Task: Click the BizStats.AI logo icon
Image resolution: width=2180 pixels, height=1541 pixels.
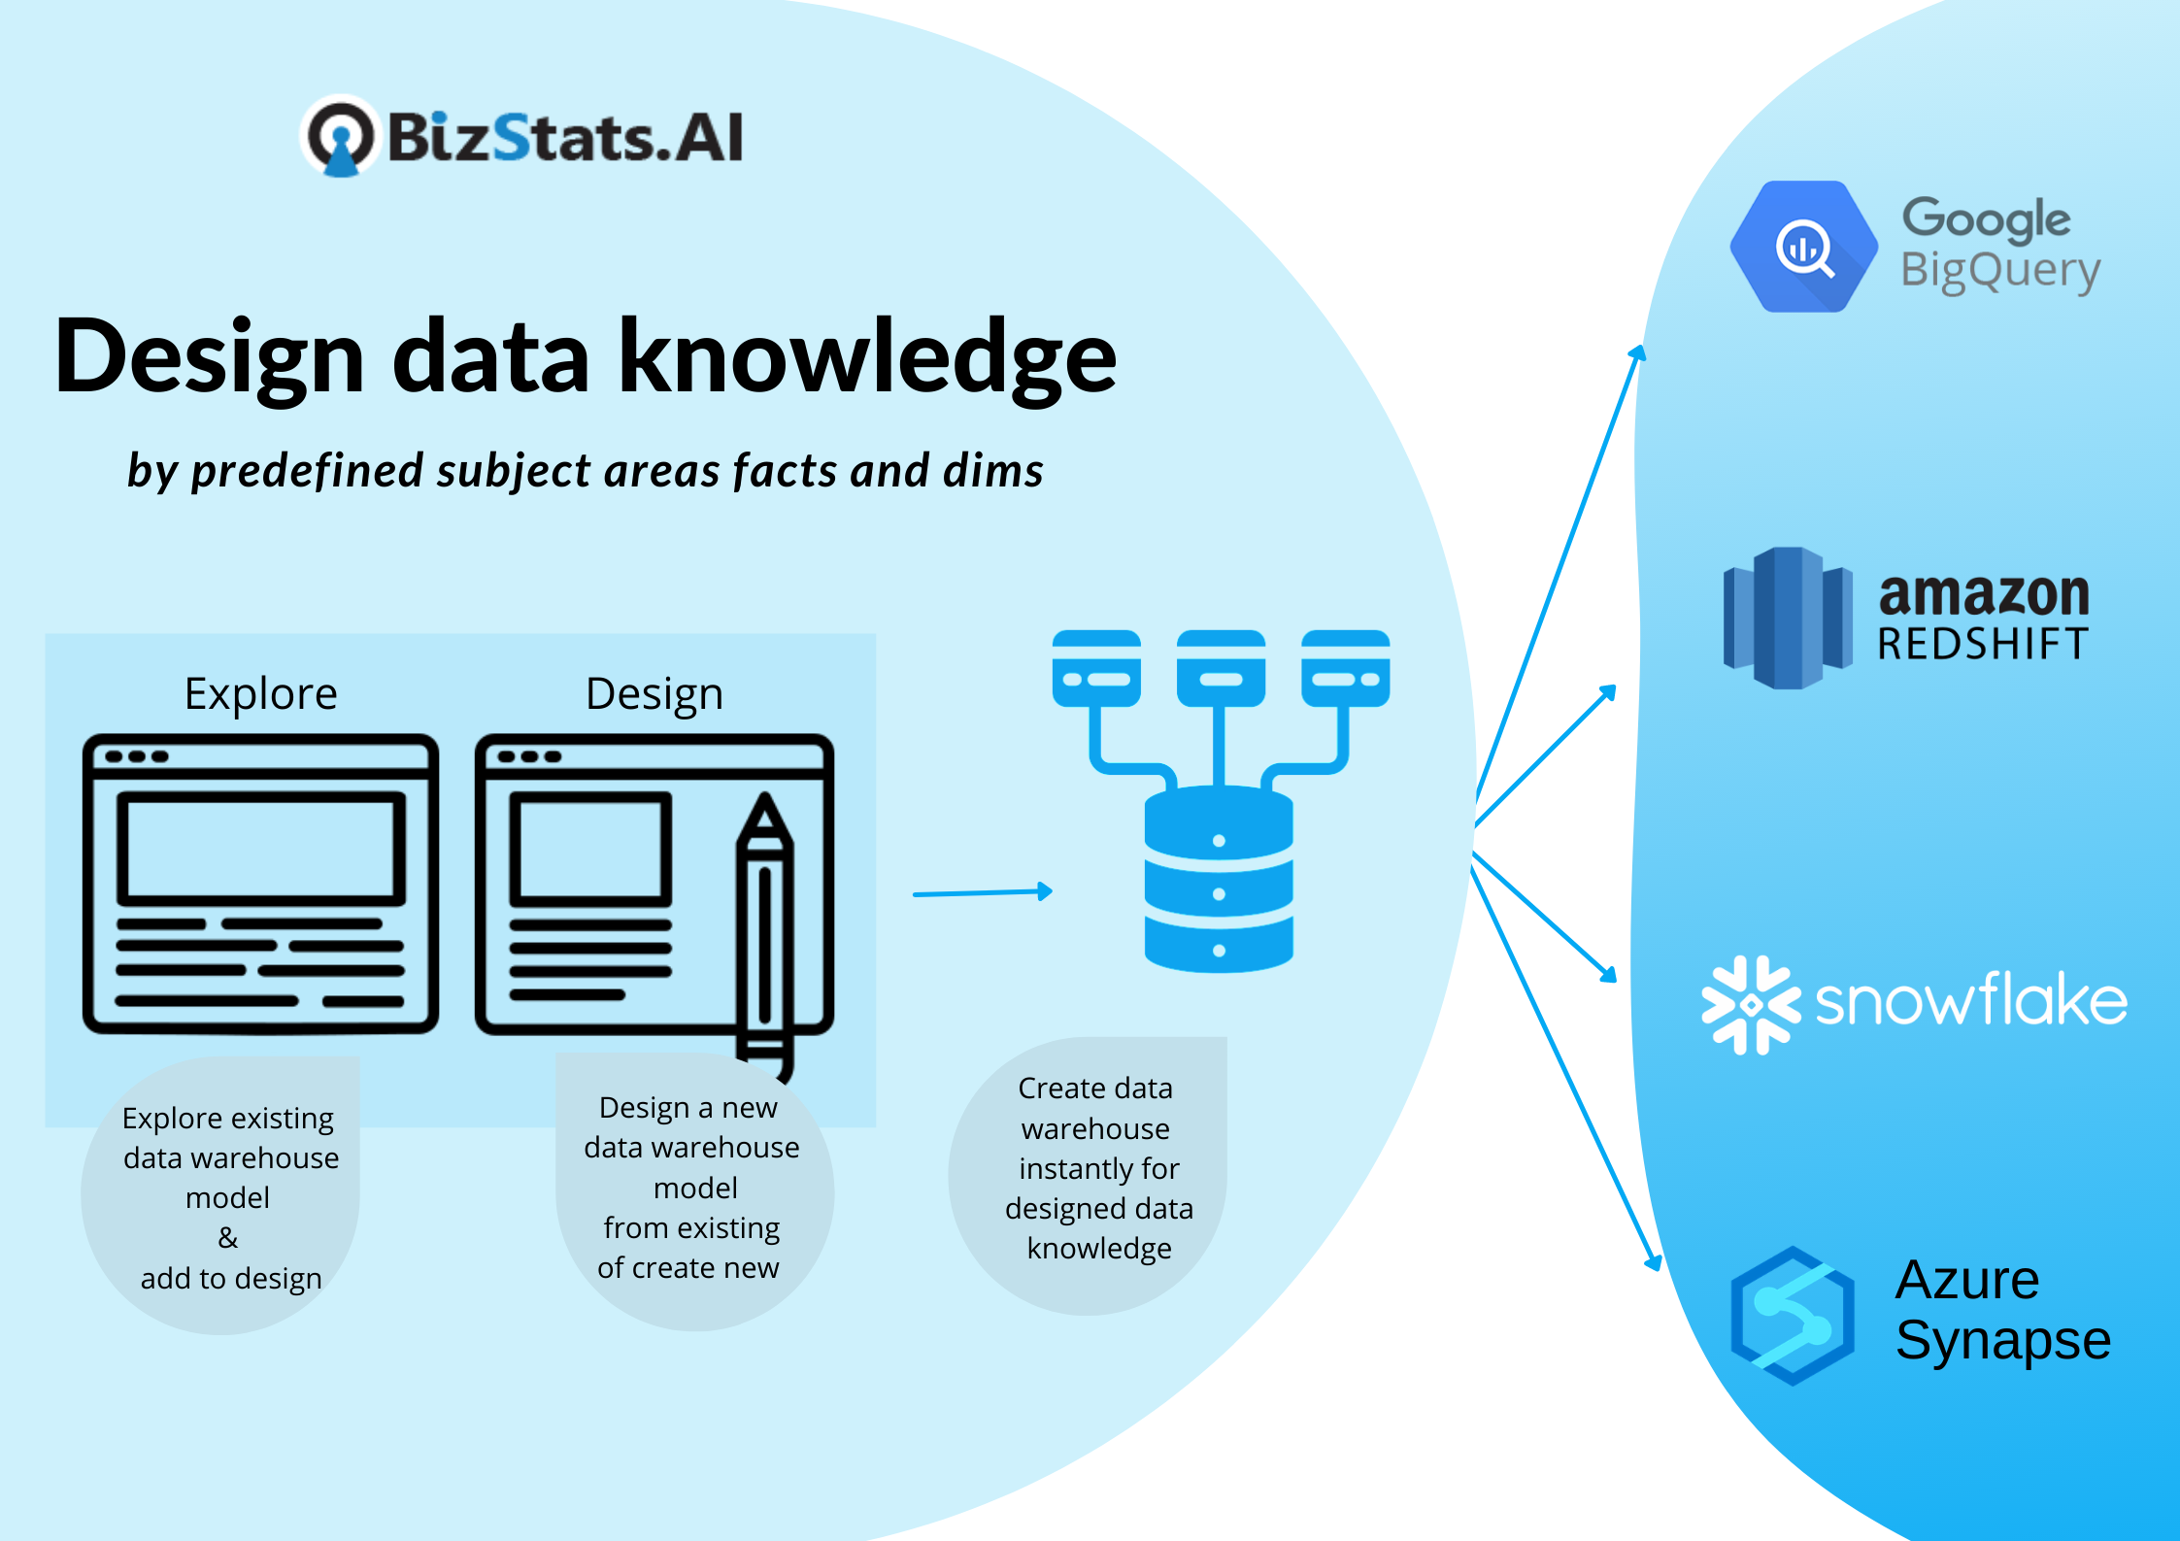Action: tap(340, 137)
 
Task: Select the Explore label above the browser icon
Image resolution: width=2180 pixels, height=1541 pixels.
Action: tap(260, 694)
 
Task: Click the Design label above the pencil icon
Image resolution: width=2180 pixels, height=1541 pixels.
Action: tap(654, 694)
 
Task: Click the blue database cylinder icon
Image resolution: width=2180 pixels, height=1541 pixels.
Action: tap(1219, 878)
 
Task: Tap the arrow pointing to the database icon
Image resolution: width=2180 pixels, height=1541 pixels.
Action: tap(983, 892)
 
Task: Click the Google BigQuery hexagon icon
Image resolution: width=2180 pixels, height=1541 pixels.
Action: tap(1803, 247)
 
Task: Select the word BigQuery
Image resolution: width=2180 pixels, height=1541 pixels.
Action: tap(2000, 271)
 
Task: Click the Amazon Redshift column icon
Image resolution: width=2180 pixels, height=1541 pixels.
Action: tap(1788, 618)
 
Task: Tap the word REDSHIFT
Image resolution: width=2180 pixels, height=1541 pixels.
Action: tap(1982, 644)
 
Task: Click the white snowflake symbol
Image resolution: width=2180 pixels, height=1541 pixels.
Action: tap(1751, 1005)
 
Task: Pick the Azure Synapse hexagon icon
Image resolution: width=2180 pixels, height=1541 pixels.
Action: tap(1793, 1316)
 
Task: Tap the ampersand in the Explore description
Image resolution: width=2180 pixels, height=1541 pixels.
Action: tap(227, 1238)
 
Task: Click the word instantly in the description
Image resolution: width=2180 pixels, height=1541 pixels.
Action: tap(1098, 1168)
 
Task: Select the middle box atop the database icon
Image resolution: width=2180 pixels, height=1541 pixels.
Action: tap(1221, 668)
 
